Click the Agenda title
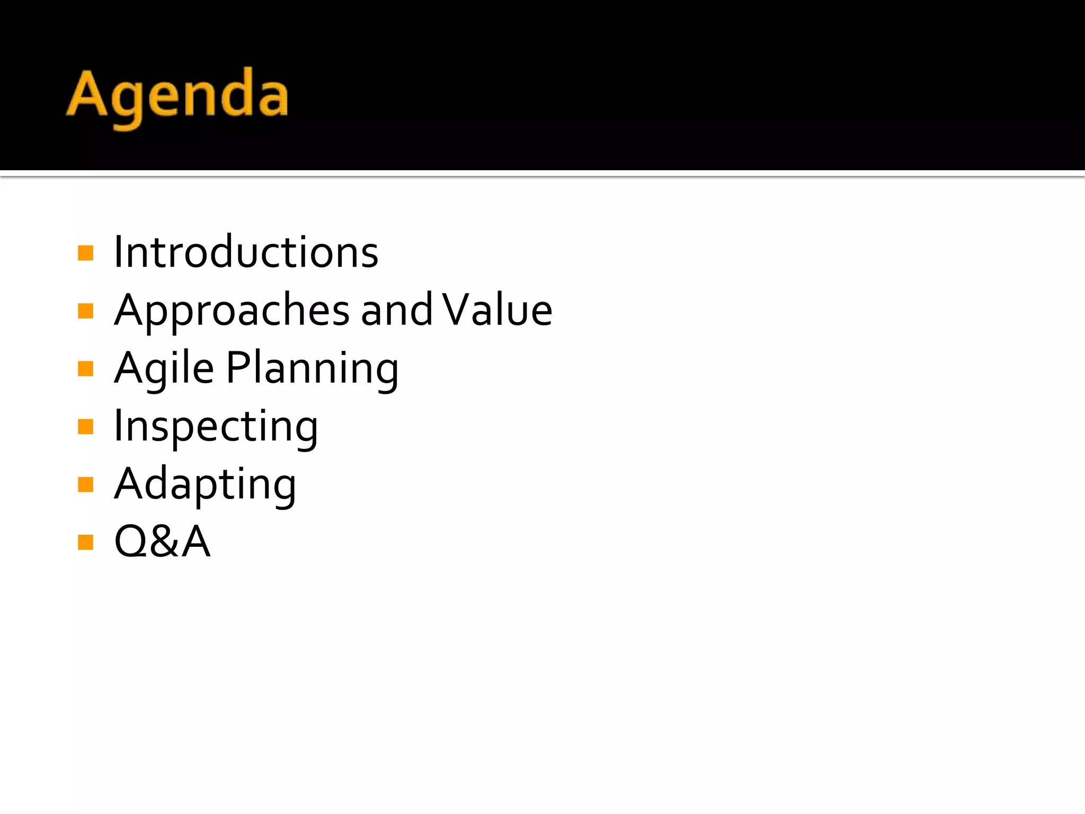(177, 95)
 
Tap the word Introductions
(246, 252)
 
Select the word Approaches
(232, 311)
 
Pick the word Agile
(164, 369)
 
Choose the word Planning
(312, 369)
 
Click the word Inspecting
(216, 427)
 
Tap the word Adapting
(205, 484)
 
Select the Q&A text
(162, 542)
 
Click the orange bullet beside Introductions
(85, 253)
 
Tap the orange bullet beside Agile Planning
(85, 368)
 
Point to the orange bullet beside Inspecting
(85, 426)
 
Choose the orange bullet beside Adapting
(85, 484)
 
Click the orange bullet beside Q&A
(85, 542)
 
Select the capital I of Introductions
(118, 252)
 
